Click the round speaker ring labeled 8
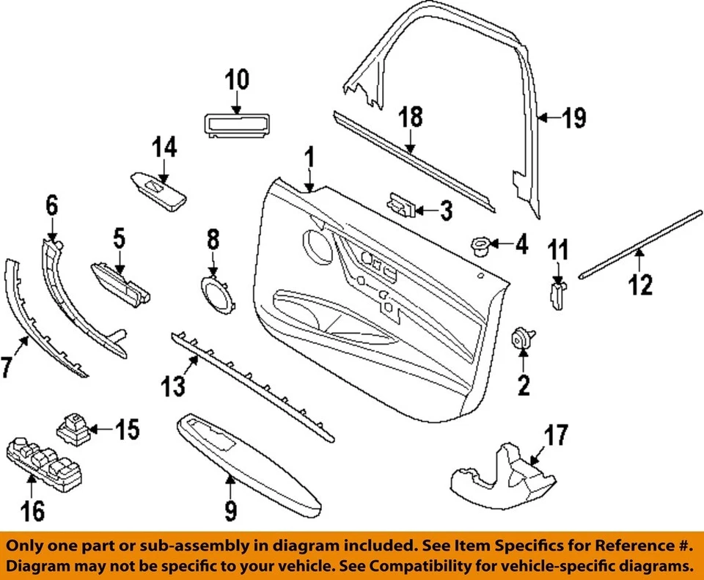click(216, 295)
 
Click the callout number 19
click(575, 118)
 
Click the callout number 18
click(411, 117)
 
